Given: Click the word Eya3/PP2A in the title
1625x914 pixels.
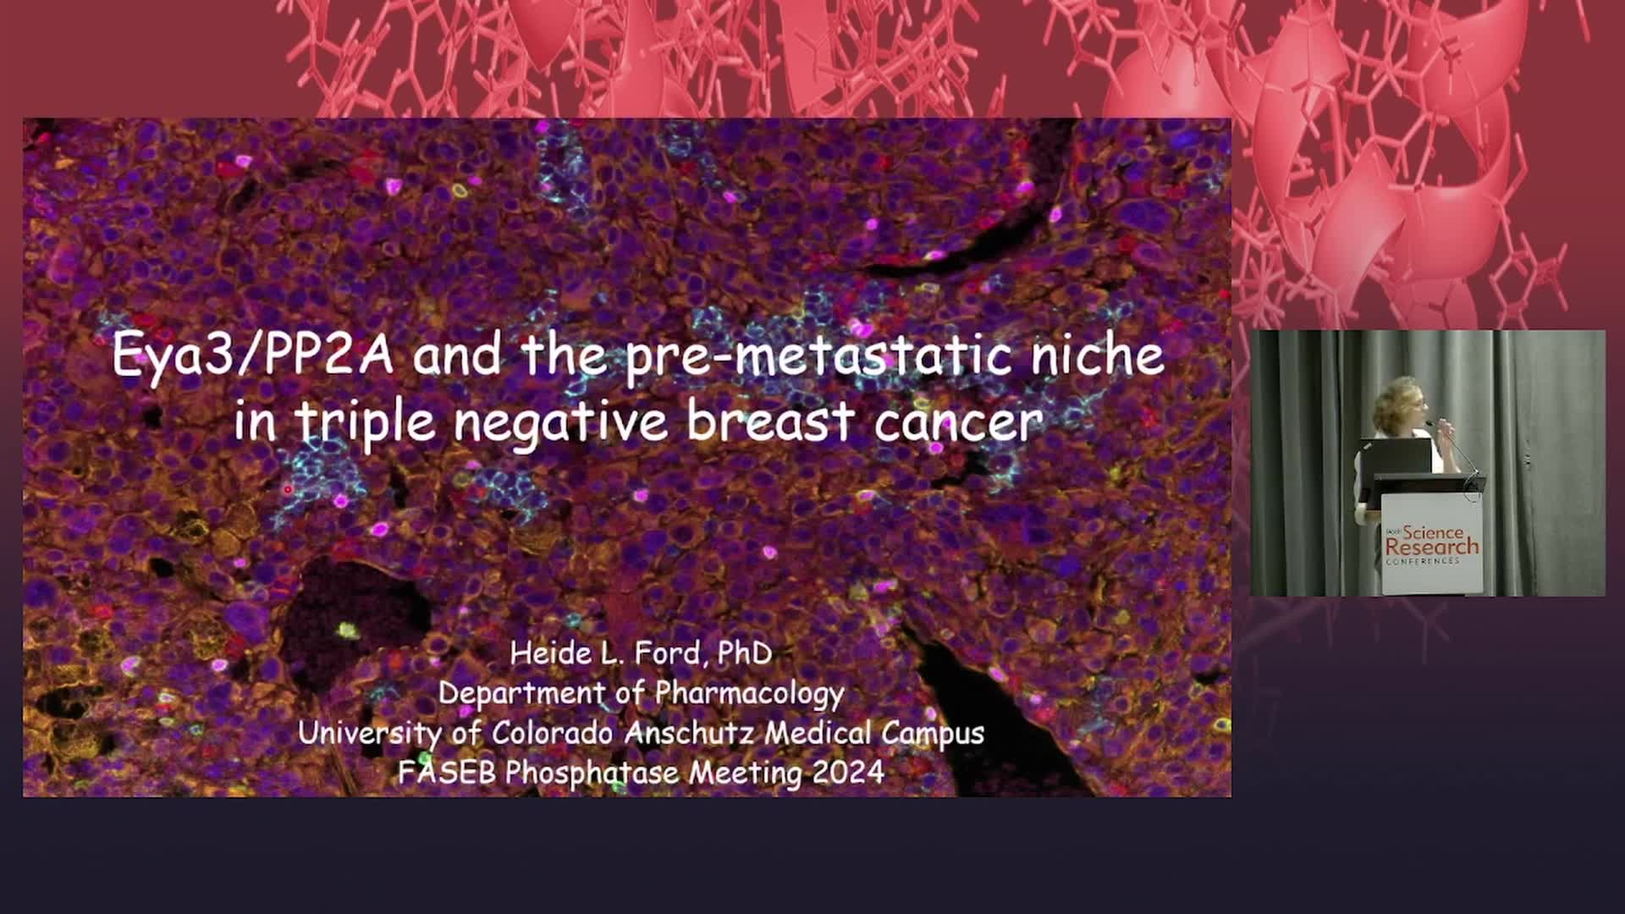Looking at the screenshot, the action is (x=252, y=355).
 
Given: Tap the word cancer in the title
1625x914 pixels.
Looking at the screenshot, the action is (x=958, y=422).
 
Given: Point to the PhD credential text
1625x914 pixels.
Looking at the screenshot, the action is (x=745, y=652).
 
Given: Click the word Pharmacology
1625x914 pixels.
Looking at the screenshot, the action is (x=749, y=694).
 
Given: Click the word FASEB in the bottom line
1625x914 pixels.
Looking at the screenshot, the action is (x=447, y=772).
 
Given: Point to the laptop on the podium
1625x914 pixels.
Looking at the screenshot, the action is (x=1396, y=457).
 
